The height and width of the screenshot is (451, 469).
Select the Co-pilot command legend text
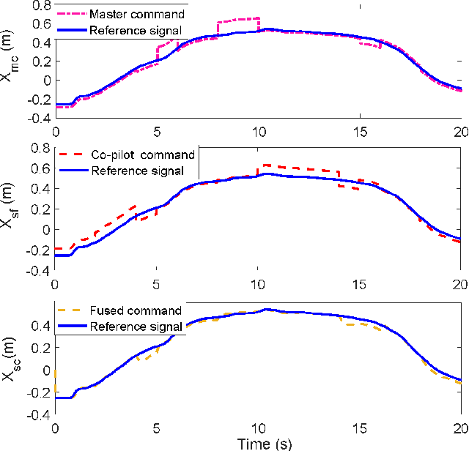pos(143,154)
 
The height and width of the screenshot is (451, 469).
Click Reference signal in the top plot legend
pos(136,31)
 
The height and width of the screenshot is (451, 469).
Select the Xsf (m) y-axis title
pos(10,209)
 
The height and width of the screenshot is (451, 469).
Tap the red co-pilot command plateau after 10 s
pos(300,168)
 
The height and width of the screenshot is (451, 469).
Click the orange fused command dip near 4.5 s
pos(147,358)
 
